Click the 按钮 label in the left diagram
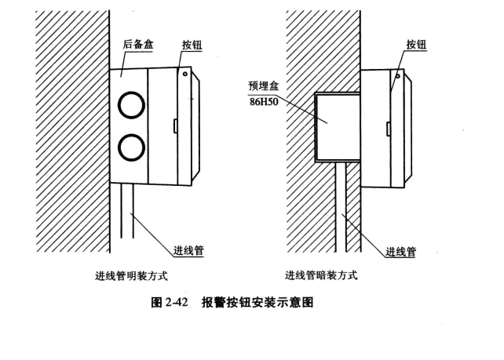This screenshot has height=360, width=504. [x=192, y=46]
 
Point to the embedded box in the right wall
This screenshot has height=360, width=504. [x=337, y=125]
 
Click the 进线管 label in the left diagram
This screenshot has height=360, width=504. [x=188, y=250]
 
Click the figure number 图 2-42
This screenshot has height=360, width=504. [x=170, y=302]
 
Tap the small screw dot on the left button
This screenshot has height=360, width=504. [x=184, y=74]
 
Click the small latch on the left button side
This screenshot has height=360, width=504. [x=172, y=124]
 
